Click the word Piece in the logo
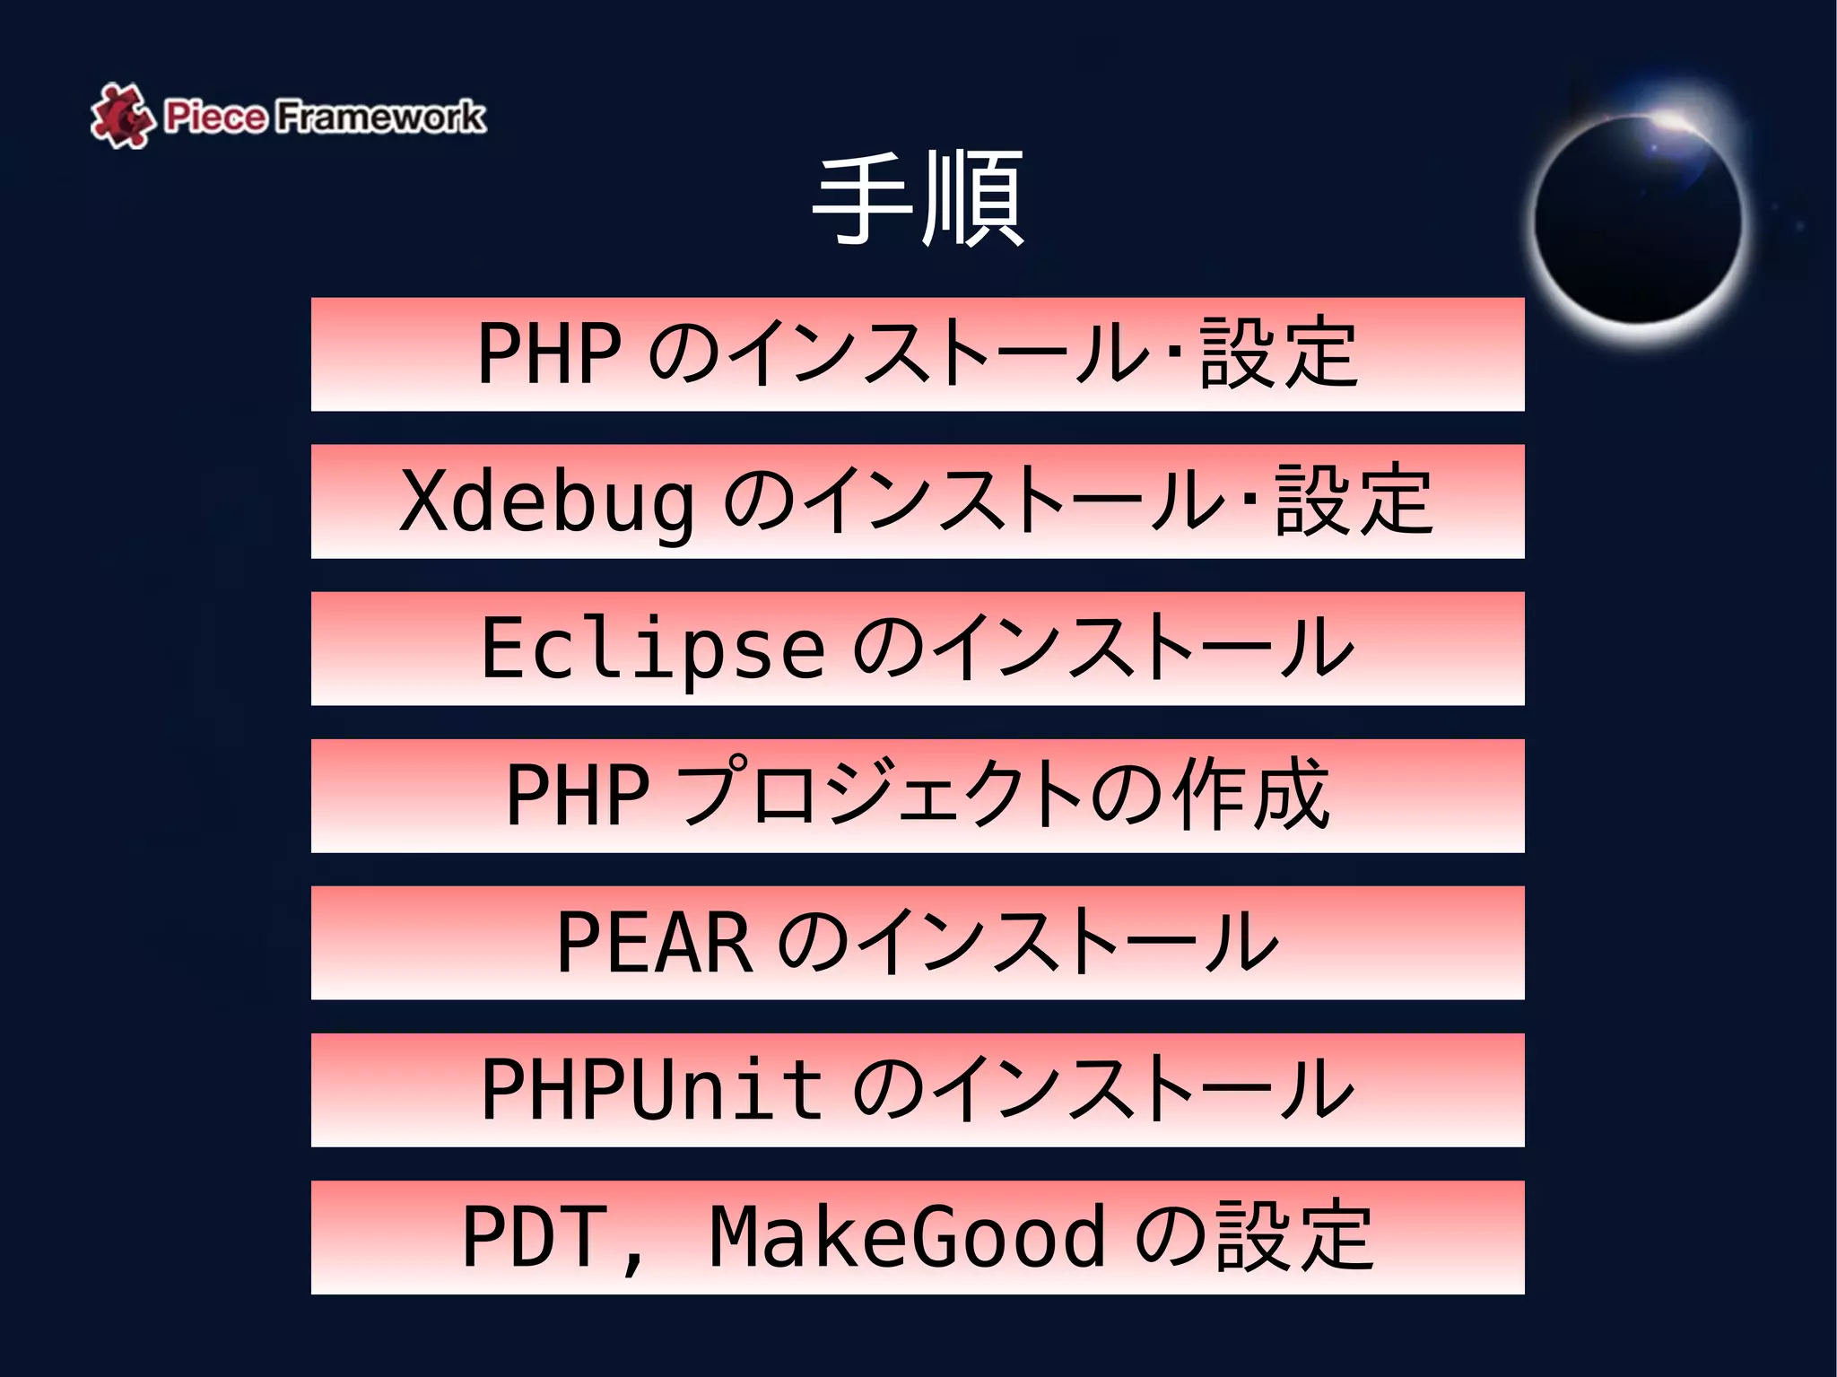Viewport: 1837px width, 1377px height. (215, 117)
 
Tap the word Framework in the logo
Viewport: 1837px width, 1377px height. (379, 117)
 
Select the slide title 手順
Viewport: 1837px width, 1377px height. (918, 199)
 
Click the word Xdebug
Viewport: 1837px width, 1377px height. (547, 501)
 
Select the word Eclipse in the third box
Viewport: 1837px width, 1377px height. (652, 649)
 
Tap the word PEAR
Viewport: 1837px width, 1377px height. (655, 943)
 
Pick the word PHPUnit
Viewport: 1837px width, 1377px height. (652, 1090)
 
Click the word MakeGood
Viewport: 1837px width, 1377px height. (907, 1238)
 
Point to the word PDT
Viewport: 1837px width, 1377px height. (534, 1238)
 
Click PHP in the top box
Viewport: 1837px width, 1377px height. (549, 354)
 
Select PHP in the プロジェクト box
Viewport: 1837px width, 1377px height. (578, 796)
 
